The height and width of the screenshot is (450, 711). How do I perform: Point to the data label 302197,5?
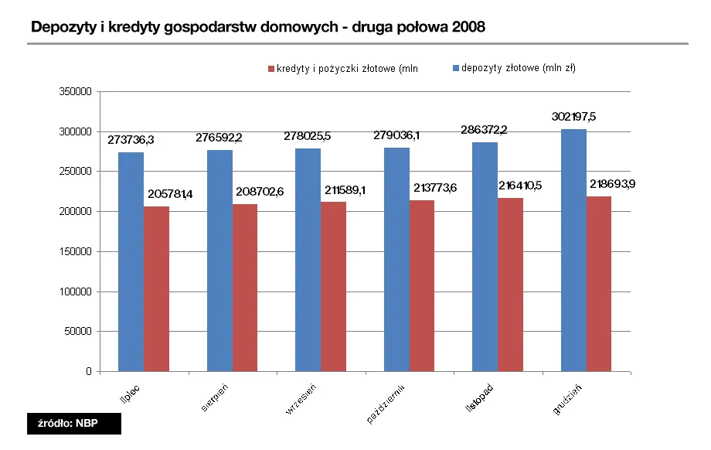tap(573, 117)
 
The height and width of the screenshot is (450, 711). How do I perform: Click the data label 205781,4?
tap(167, 193)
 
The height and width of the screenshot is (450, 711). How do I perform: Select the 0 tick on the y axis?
tap(89, 372)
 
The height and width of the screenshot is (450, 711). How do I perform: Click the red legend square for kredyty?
tap(271, 69)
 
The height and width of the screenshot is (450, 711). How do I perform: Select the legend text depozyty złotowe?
tap(519, 68)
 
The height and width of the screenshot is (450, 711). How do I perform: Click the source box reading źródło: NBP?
tap(74, 423)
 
